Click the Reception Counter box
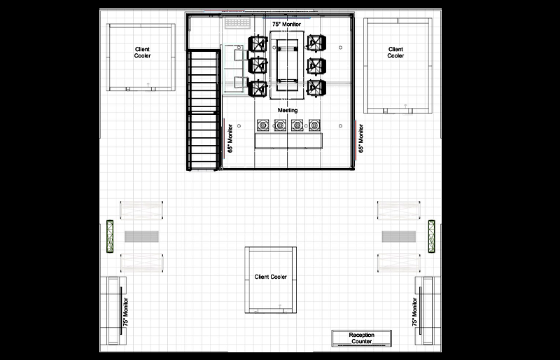click(361, 338)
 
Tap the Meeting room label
click(288, 111)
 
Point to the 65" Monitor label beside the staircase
click(230, 139)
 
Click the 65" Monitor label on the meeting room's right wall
click(361, 139)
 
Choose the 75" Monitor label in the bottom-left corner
click(126, 311)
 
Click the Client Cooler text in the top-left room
click(142, 53)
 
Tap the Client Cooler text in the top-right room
click(396, 53)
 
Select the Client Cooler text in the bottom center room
click(270, 277)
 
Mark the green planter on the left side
click(110, 236)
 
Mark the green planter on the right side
click(432, 236)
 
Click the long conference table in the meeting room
click(288, 65)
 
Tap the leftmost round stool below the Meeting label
click(263, 125)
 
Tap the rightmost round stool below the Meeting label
click(314, 125)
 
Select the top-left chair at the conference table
click(259, 44)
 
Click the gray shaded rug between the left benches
click(142, 236)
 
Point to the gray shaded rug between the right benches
click(399, 236)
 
